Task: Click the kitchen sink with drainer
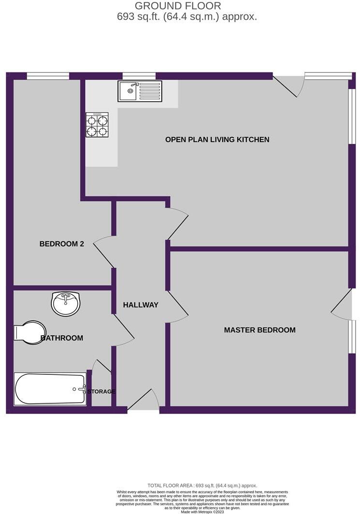pos(139,91)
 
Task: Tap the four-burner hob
pos(97,125)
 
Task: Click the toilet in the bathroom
pos(29,332)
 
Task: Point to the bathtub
pos(50,389)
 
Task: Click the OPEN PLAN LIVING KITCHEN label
pos(217,140)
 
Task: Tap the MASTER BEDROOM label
pos(259,330)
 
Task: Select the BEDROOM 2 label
pos(61,244)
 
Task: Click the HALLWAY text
pos(141,305)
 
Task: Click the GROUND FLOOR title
pos(178,6)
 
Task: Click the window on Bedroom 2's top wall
pos(48,75)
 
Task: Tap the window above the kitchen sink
pos(139,75)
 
